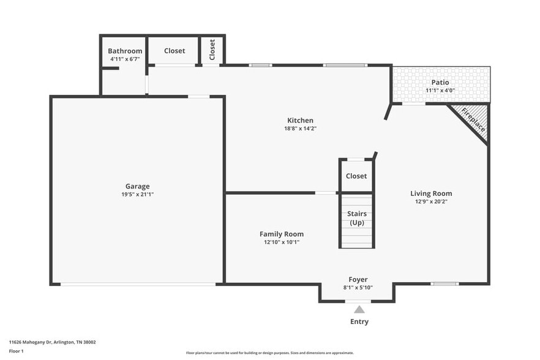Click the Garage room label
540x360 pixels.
coord(137,186)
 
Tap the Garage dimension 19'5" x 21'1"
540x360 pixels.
coord(137,194)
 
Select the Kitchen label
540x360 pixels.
coord(300,121)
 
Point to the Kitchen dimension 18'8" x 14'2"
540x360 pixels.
coord(300,129)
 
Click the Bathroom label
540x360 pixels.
coord(125,51)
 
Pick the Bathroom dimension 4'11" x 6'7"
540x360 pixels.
coord(125,59)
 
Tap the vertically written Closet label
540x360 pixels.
coord(212,49)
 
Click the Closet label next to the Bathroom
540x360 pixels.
coord(174,51)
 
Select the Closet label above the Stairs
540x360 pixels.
coord(356,176)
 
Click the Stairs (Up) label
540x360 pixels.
coord(356,218)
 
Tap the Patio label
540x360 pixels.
coord(440,82)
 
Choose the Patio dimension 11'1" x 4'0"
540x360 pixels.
coord(440,91)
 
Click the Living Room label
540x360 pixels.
coord(431,193)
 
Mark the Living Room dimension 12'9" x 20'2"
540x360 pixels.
coord(431,201)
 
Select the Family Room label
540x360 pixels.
coord(281,234)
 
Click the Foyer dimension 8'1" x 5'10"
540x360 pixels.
coord(358,287)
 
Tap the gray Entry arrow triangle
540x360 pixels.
coord(359,309)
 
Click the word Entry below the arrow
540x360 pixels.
coord(359,321)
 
